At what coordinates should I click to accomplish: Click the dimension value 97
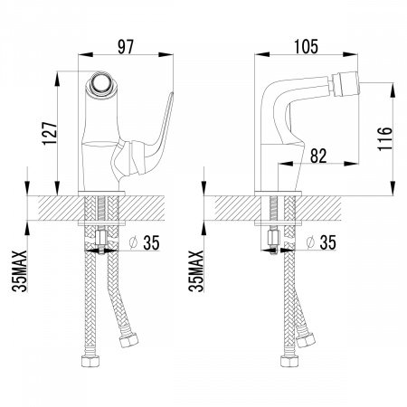pos(126,47)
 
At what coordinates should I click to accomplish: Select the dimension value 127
pos(50,133)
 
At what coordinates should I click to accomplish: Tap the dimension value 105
pos(306,47)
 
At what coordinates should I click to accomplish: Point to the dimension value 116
pos(385,139)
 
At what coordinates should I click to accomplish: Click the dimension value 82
pos(318,156)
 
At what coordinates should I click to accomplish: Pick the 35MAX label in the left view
pos(20,271)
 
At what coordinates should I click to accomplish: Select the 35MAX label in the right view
pos(196,271)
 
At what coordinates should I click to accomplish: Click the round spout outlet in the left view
pos(101,82)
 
